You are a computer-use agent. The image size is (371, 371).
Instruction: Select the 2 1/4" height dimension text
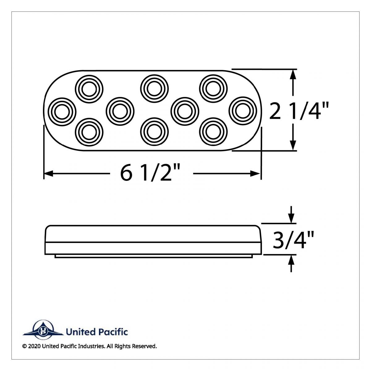click(298, 111)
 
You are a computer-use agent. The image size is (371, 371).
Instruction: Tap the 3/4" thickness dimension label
click(293, 240)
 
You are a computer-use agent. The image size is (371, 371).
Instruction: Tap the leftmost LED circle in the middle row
click(62, 111)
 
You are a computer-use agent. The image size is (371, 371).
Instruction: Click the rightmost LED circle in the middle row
click(243, 111)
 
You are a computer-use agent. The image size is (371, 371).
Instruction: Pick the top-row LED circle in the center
click(154, 89)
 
